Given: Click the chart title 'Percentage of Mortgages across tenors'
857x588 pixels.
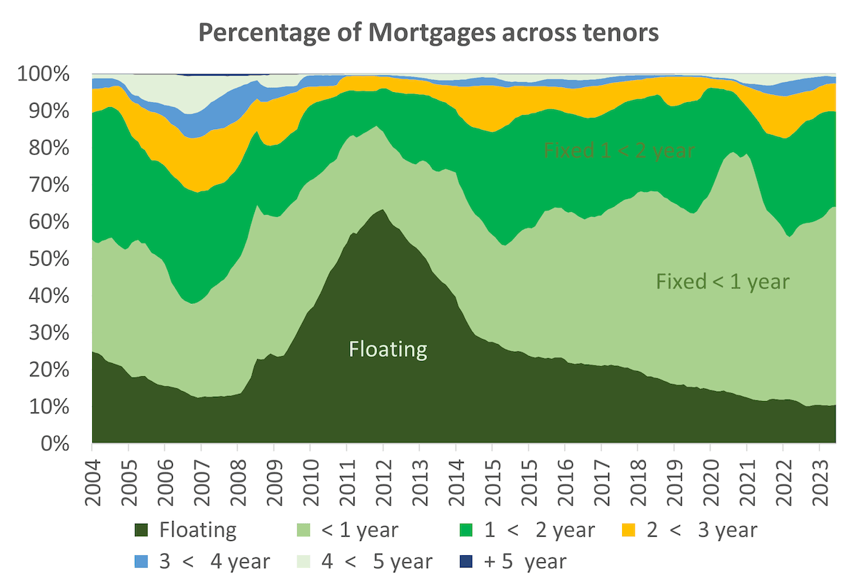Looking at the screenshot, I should pos(428,33).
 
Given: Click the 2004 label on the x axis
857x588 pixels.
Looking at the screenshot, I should pos(93,486).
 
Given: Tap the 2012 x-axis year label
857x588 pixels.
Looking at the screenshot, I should pos(384,486).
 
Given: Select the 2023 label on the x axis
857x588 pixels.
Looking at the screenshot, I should pos(819,486).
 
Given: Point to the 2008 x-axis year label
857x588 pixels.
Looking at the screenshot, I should pos(238,486).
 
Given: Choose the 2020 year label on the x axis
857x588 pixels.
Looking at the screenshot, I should pos(711,486).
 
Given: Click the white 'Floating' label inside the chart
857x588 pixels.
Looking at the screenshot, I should pos(388,350).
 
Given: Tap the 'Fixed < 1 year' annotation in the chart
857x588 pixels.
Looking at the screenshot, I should pos(723,282).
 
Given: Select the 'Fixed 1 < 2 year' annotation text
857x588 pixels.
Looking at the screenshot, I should pos(619,151).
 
